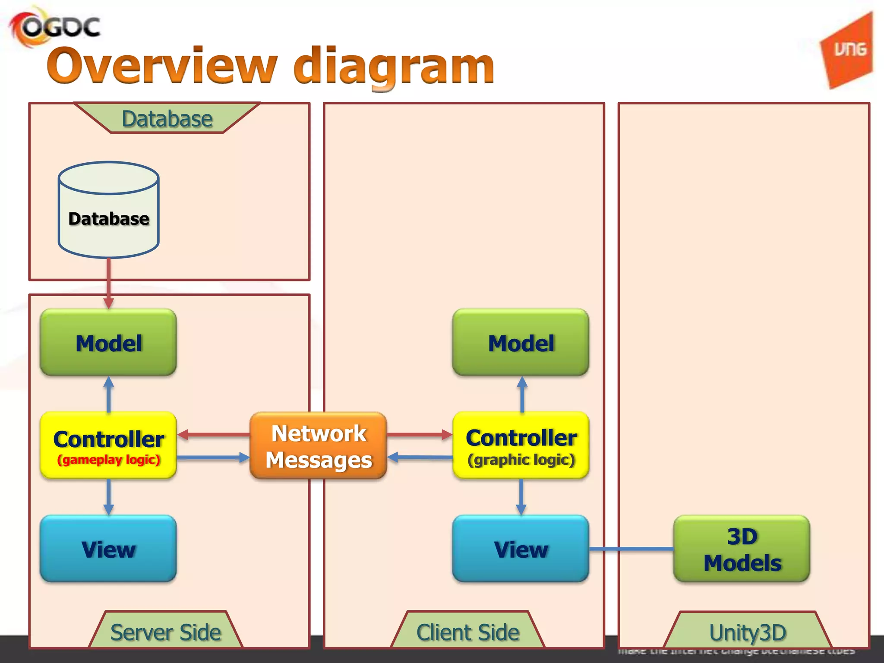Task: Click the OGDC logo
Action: [55, 27]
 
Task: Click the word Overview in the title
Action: [162, 66]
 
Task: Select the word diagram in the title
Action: [394, 67]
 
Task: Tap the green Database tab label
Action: [167, 119]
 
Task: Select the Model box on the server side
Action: [108, 343]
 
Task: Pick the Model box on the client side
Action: [521, 343]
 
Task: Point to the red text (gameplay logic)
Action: [109, 460]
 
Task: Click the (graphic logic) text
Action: [521, 460]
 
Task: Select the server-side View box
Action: [108, 549]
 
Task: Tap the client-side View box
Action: [521, 549]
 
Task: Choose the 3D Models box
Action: [742, 549]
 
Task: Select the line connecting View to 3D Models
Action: [631, 549]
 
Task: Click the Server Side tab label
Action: [166, 632]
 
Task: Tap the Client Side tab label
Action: [467, 632]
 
